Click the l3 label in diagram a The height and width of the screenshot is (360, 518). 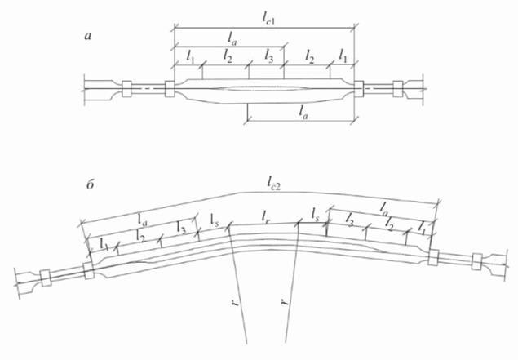click(x=268, y=56)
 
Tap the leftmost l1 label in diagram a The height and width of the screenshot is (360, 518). click(x=190, y=57)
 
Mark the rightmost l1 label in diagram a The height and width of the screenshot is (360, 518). click(x=344, y=57)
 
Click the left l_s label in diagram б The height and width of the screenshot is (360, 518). click(x=215, y=220)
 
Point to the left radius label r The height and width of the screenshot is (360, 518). click(x=234, y=307)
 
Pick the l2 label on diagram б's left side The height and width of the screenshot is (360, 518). click(x=141, y=236)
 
